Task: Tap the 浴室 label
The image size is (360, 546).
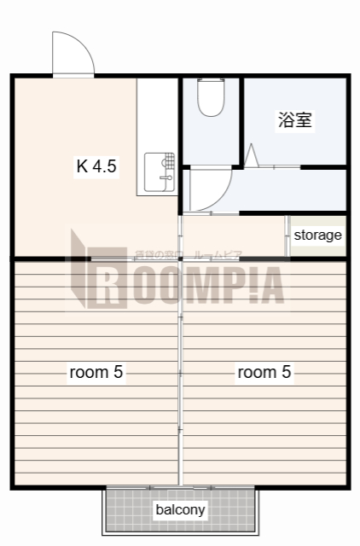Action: click(295, 120)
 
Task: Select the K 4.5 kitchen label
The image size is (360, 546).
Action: click(96, 166)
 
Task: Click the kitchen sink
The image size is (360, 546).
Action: click(160, 172)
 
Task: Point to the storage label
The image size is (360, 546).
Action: click(317, 235)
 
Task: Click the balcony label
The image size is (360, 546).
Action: click(180, 510)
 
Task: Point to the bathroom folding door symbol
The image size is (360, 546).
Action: click(253, 156)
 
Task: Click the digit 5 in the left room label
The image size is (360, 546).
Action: click(119, 372)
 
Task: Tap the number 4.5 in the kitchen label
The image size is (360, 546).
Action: click(104, 166)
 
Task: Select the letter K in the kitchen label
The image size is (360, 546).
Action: click(82, 166)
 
